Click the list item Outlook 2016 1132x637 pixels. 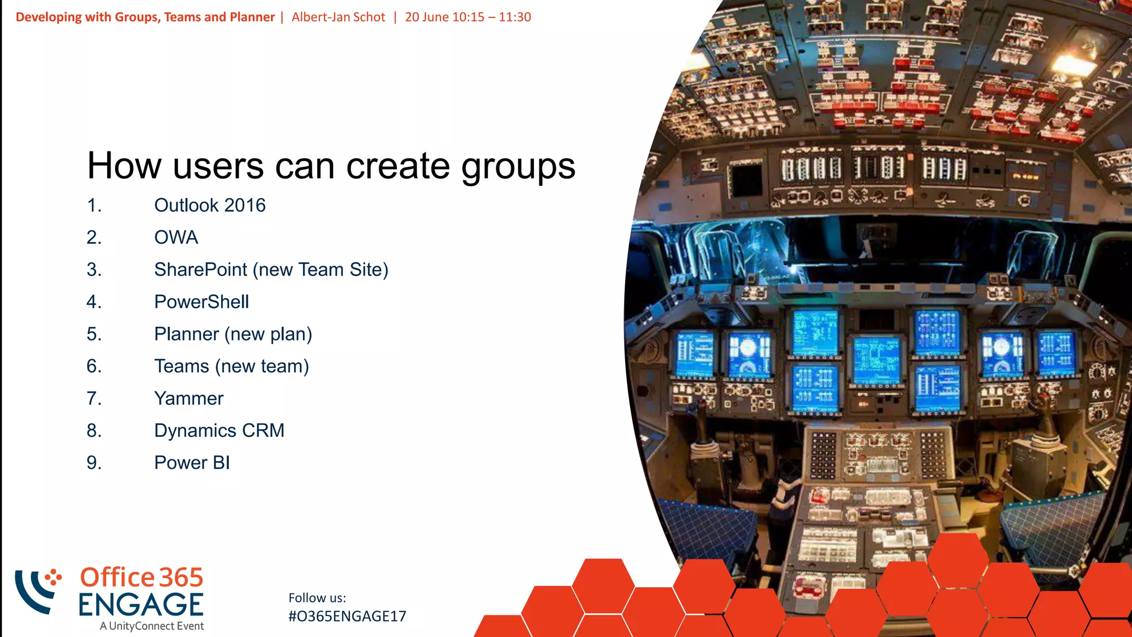(209, 205)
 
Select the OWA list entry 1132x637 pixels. (176, 237)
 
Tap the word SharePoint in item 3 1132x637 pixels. (200, 270)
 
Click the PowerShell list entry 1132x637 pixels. (201, 302)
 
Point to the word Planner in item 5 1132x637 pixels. (186, 334)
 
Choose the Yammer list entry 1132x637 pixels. (188, 399)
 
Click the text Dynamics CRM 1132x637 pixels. (219, 431)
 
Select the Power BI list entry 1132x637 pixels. (192, 463)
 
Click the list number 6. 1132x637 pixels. (94, 366)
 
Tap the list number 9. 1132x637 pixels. (94, 463)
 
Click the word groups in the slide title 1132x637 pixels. (518, 166)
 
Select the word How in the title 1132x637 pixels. (125, 165)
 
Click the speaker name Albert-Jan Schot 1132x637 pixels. (338, 17)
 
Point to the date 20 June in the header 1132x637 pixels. (427, 17)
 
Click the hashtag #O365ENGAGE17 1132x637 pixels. (347, 617)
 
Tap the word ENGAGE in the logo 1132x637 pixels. (141, 605)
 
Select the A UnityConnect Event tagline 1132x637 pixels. (152, 626)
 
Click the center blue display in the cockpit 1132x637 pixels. (877, 360)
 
